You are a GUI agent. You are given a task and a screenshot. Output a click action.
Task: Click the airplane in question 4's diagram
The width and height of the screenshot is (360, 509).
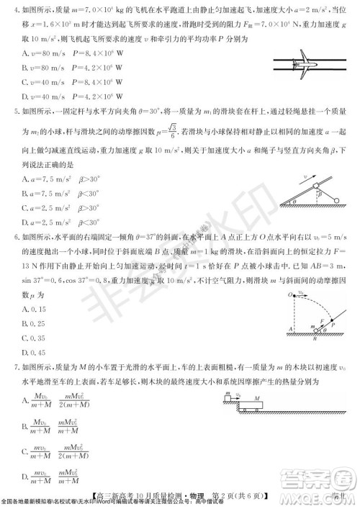(x=306, y=62)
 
